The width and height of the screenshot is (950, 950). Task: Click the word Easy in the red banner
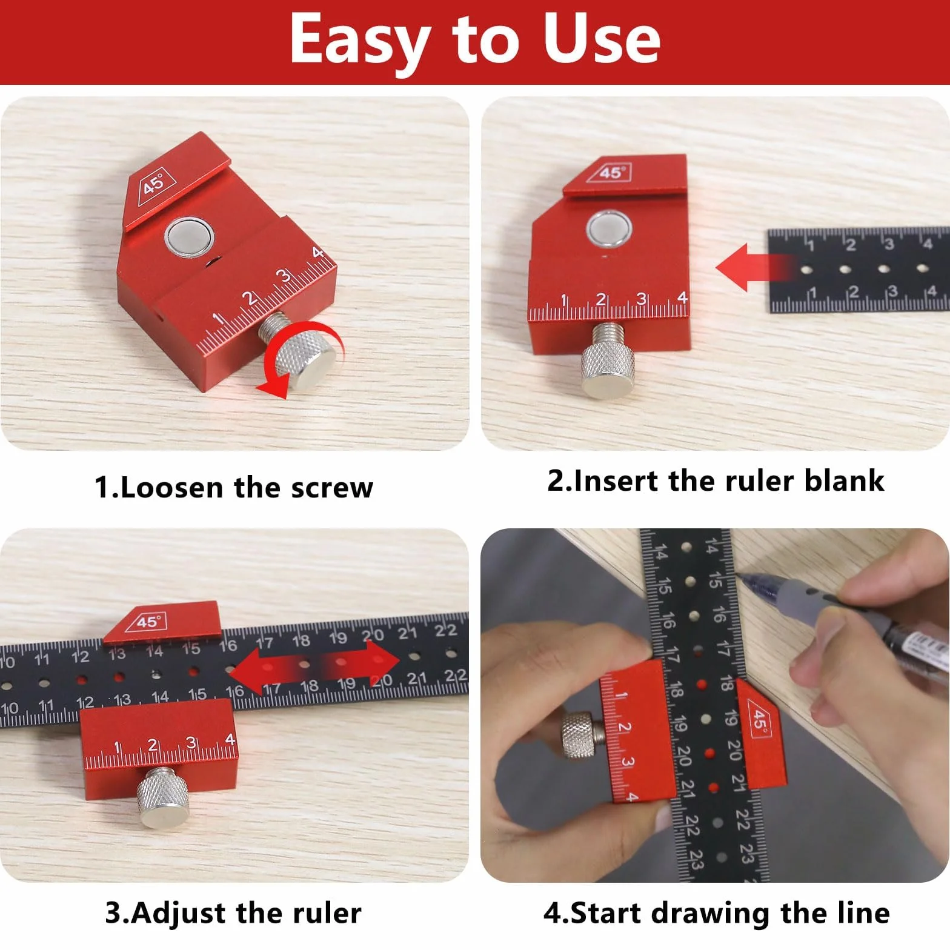coord(358,40)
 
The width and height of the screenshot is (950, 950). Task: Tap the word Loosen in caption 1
coord(172,488)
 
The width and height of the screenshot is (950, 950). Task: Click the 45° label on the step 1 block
coord(154,183)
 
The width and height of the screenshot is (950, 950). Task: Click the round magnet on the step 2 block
coord(609,230)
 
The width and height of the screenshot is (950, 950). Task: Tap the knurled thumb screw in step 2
coord(608,360)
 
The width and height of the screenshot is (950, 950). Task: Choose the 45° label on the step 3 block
coord(147,622)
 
